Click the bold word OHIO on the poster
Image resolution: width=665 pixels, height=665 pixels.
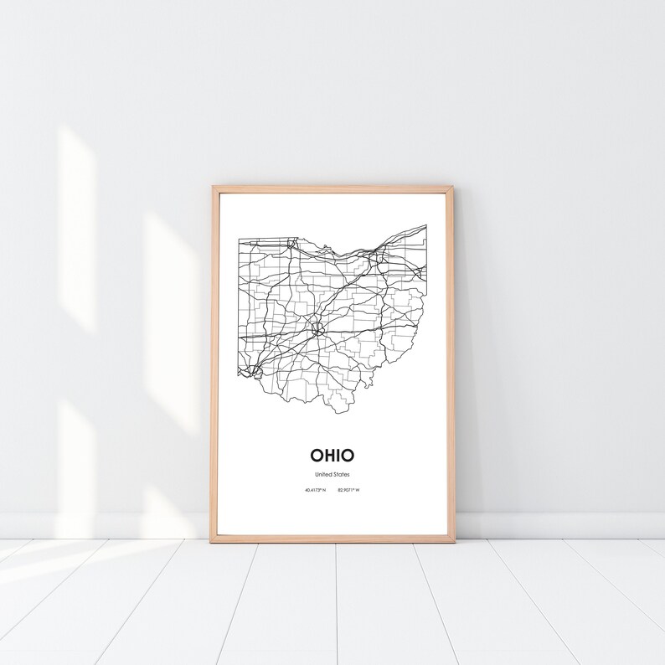(332, 456)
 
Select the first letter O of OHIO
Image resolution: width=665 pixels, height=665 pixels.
(315, 456)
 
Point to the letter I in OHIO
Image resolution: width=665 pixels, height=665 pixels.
(337, 456)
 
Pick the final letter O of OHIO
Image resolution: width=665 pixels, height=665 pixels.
(348, 456)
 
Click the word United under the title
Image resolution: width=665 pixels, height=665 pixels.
(322, 475)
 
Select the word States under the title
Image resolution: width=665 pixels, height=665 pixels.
(341, 475)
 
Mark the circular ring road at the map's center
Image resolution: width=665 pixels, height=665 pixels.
(319, 327)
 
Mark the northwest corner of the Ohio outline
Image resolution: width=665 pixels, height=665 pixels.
(239, 238)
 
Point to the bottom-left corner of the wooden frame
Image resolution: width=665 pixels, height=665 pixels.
(213, 542)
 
